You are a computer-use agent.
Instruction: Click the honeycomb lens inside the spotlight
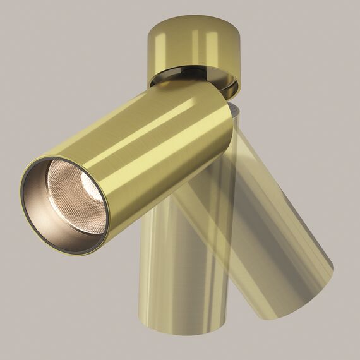(x=76, y=195)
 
